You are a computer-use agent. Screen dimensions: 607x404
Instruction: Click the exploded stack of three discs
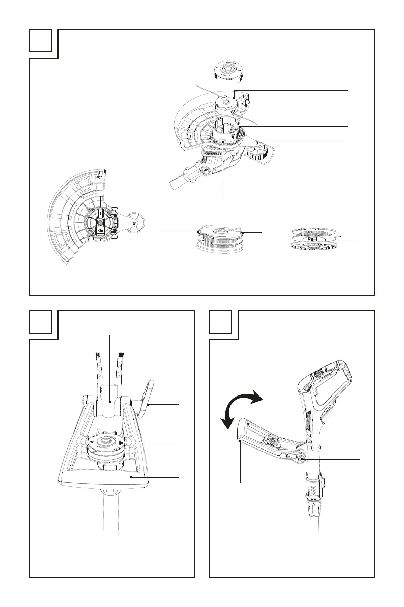pos(312,239)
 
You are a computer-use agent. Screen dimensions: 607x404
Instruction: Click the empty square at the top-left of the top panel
pos(41,40)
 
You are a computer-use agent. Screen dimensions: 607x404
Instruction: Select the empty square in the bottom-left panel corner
pos(41,322)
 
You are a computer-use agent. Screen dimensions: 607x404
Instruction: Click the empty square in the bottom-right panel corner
pos(221,322)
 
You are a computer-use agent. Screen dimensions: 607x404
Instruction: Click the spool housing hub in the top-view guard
pos(100,224)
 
